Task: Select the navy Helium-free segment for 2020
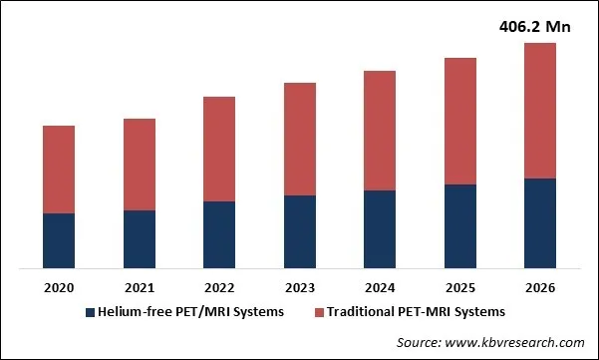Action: click(x=59, y=240)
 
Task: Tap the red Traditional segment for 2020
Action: click(x=59, y=170)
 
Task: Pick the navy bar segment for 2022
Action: click(x=219, y=234)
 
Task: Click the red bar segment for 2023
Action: click(x=300, y=139)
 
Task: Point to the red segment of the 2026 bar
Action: click(x=540, y=111)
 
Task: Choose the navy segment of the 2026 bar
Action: click(x=540, y=223)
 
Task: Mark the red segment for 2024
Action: click(x=380, y=131)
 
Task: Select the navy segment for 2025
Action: click(x=459, y=226)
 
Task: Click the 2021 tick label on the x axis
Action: click(x=140, y=288)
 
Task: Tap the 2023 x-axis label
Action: click(x=300, y=288)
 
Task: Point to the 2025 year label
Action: click(x=459, y=288)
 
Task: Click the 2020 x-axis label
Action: click(x=59, y=288)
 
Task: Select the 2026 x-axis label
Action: click(x=540, y=288)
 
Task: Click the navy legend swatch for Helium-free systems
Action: click(x=89, y=312)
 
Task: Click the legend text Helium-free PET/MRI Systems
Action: click(x=190, y=312)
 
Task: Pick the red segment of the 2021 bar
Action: click(x=140, y=165)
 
